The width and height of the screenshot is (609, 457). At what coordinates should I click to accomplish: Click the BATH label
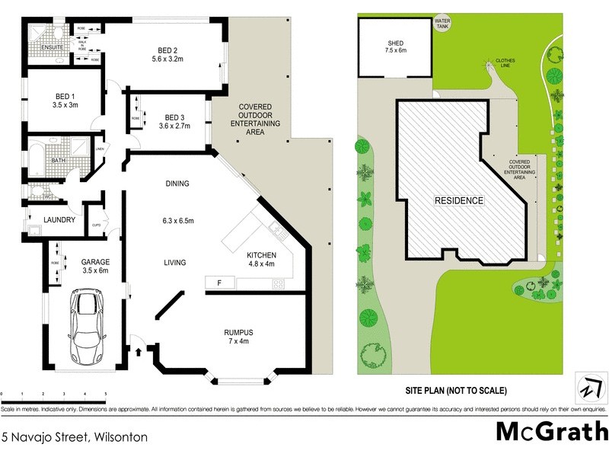58,161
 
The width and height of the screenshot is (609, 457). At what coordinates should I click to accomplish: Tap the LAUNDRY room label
59,220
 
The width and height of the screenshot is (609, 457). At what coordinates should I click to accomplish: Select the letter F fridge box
220,283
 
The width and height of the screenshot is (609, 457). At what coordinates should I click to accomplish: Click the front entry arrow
138,352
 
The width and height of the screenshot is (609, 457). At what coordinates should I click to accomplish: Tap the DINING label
177,184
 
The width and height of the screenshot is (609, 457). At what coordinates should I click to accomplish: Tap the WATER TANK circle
441,24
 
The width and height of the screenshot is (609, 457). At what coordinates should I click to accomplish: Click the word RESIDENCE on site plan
459,201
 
